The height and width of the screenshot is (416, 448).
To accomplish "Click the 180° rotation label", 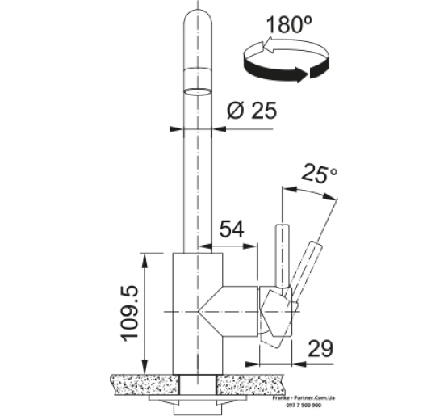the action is coord(289,24).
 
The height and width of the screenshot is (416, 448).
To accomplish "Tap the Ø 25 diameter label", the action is coord(252,111).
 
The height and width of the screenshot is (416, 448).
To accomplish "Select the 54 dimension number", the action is coord(232,229).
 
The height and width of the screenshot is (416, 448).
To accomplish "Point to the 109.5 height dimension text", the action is coord(131,313).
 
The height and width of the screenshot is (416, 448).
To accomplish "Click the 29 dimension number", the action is coord(320,348).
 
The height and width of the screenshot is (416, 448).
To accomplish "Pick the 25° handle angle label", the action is coord(320,173).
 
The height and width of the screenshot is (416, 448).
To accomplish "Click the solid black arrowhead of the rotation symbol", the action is coord(302,74).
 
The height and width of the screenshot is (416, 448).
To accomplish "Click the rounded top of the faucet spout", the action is coord(198,18).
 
